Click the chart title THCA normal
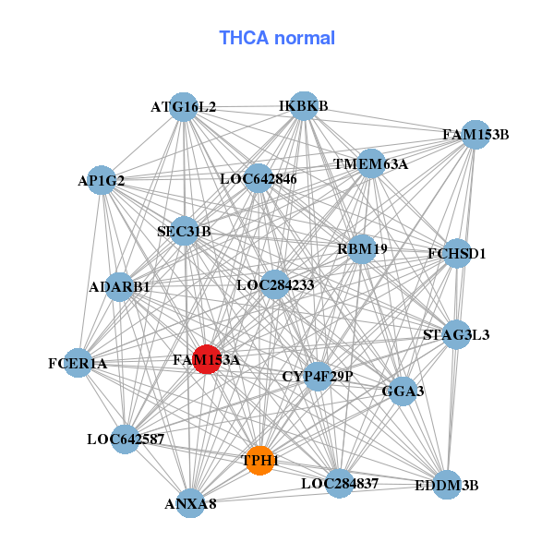pyautogui.click(x=277, y=38)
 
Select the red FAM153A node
pyautogui.click(x=206, y=359)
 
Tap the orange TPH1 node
pyautogui.click(x=260, y=460)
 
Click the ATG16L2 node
pyautogui.click(x=184, y=107)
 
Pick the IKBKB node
pyautogui.click(x=304, y=106)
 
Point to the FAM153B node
pyautogui.click(x=475, y=135)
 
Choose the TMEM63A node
pyautogui.click(x=370, y=164)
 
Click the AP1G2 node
pyautogui.click(x=102, y=181)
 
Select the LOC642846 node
pyautogui.click(x=258, y=178)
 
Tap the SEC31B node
pyautogui.click(x=184, y=231)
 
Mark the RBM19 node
pyautogui.click(x=362, y=248)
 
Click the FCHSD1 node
pyautogui.click(x=457, y=253)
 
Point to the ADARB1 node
pyautogui.click(x=119, y=287)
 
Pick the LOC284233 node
pyautogui.click(x=275, y=285)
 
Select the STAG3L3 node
pyautogui.click(x=456, y=334)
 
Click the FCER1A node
pyautogui.click(x=78, y=364)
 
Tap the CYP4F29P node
pyautogui.click(x=318, y=376)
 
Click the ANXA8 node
pyautogui.click(x=190, y=503)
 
